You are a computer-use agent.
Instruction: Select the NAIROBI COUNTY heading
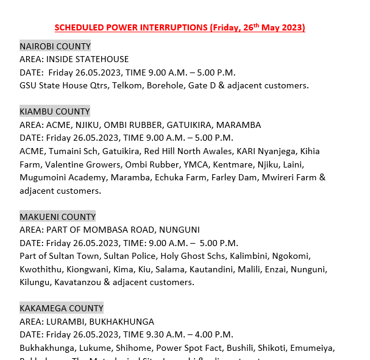[x=55, y=46]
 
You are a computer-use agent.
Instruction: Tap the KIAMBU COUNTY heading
[x=54, y=111]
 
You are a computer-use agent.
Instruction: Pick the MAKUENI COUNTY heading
[x=57, y=217]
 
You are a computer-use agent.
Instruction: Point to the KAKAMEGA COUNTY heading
[x=61, y=308]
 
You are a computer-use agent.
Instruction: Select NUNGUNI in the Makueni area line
[x=180, y=230]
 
